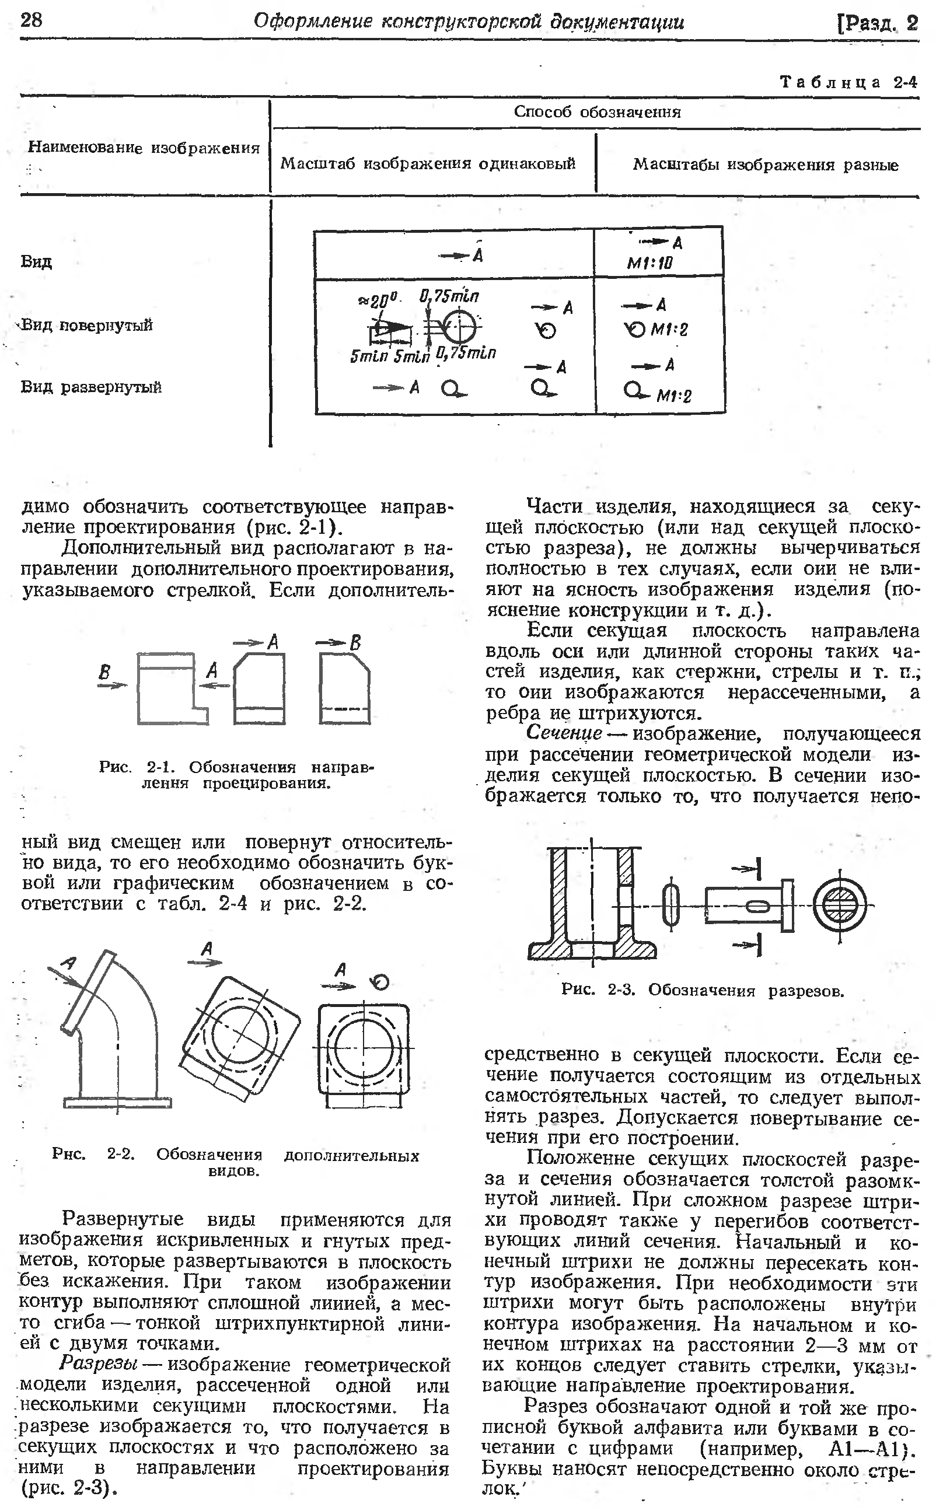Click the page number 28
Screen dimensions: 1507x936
[x=31, y=20]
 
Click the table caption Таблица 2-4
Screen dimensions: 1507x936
[x=848, y=82]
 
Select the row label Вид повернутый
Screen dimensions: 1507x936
[x=87, y=325]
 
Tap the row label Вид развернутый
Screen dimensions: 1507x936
[x=91, y=387]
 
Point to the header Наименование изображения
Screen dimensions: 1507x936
[x=144, y=148]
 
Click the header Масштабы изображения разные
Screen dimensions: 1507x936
[x=765, y=165]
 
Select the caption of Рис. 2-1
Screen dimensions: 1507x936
[x=236, y=775]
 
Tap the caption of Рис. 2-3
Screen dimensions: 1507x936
[x=703, y=990]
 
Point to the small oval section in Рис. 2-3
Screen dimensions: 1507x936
[x=670, y=905]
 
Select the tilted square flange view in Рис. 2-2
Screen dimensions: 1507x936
[x=241, y=1037]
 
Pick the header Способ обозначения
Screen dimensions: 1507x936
[x=597, y=112]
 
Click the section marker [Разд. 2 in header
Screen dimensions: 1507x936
[x=876, y=23]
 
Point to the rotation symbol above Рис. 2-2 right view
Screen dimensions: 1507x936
[x=379, y=982]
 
